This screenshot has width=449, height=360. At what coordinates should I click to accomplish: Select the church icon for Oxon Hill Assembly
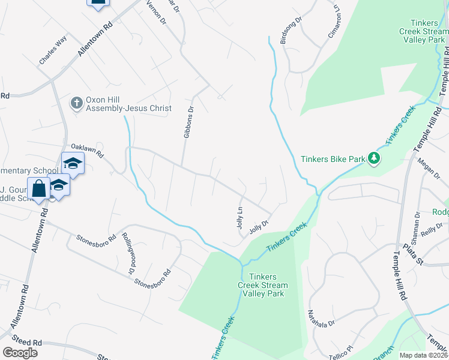click(x=76, y=103)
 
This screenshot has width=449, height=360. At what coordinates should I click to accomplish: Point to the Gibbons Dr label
click(x=189, y=122)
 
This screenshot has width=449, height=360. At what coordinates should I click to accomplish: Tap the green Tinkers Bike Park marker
click(x=375, y=158)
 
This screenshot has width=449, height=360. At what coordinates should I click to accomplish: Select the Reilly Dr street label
click(x=431, y=232)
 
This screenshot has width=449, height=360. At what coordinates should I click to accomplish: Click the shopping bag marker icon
click(x=39, y=188)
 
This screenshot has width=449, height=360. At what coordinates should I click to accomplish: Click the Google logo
click(x=20, y=353)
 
